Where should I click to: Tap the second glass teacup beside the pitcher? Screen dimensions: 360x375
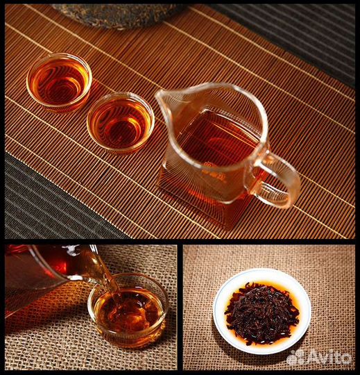[x=121, y=123]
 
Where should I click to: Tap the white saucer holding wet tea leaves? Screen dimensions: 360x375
[x=262, y=311]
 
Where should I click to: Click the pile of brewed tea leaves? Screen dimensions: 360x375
[x=262, y=312]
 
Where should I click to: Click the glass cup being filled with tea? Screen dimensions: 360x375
[x=128, y=311]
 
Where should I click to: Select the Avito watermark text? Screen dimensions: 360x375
[x=329, y=358]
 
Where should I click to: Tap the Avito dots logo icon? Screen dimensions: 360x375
[x=296, y=358]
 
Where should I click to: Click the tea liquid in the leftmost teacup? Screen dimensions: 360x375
[x=58, y=81]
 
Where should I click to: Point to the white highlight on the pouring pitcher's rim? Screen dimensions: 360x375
[x=71, y=249]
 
